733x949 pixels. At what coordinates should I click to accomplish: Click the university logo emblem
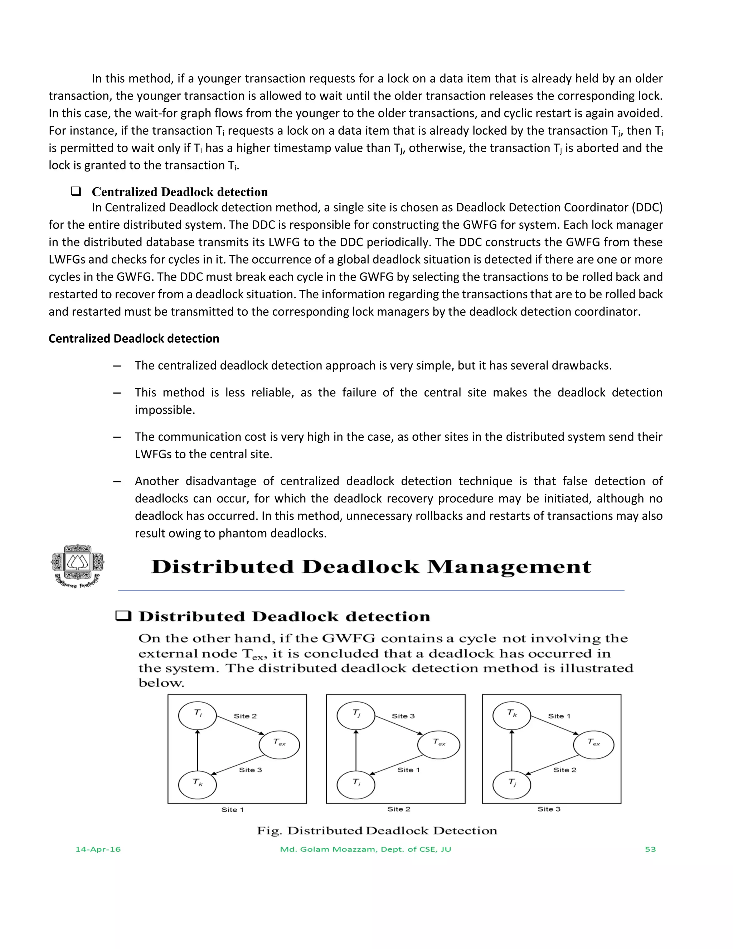[x=78, y=566]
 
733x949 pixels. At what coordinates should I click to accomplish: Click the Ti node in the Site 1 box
[x=197, y=715]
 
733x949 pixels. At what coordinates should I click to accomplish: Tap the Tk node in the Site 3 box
[x=511, y=715]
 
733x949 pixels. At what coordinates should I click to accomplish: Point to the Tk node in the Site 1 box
[x=197, y=785]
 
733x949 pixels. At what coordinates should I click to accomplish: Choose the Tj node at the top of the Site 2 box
[x=356, y=715]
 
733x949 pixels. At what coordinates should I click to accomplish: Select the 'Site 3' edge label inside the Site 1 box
[x=251, y=770]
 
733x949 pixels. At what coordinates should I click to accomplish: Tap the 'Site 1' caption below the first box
[x=232, y=810]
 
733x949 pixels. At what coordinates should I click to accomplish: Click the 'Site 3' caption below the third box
[x=549, y=809]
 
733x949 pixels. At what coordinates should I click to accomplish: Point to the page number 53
[x=650, y=849]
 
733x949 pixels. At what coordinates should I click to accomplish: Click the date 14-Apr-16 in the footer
[x=98, y=849]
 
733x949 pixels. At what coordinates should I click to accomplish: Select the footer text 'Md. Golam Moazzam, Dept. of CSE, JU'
[x=366, y=849]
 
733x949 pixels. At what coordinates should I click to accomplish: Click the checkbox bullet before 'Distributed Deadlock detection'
[x=123, y=616]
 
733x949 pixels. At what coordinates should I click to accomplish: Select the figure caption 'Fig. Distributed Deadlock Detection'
[x=377, y=831]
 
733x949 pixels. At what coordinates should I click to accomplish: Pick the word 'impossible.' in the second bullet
[x=165, y=410]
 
